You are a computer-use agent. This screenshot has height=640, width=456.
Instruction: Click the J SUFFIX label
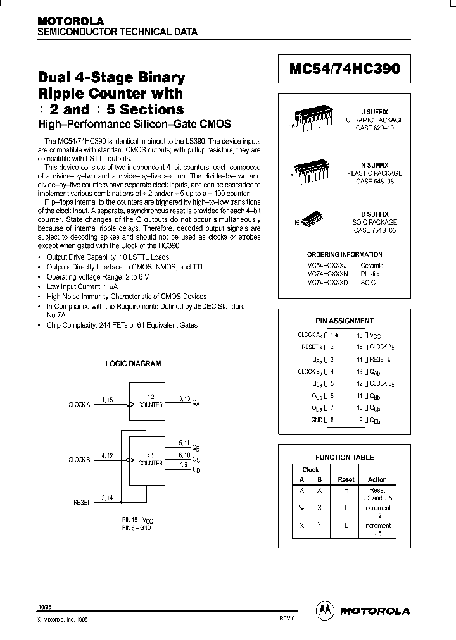pos(379,111)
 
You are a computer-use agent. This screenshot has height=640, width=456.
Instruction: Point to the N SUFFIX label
pos(379,165)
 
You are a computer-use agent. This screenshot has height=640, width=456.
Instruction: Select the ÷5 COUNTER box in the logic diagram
pos(146,460)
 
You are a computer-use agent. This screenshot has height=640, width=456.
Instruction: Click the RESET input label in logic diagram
pos(82,502)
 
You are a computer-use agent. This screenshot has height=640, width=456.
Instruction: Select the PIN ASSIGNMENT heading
pos(345,321)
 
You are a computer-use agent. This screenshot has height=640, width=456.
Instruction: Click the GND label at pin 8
pos(317,420)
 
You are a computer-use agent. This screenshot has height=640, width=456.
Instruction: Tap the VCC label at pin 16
pos(376,336)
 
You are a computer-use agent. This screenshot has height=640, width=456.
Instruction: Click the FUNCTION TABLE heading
pos(345,457)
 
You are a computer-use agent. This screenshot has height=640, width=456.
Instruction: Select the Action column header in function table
pos(377,479)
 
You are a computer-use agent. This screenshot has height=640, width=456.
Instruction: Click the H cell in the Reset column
pos(346,490)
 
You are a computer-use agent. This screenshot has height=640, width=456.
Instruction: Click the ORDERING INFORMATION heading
pos(345,255)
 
